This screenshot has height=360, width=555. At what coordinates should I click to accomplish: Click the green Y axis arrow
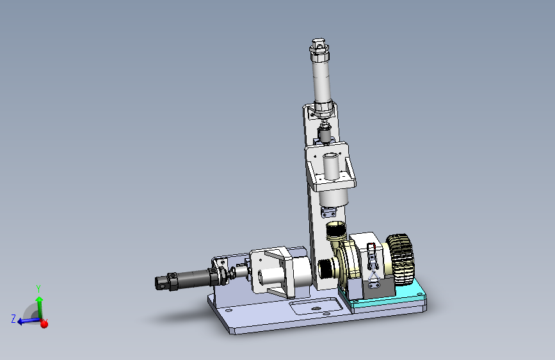pyautogui.click(x=39, y=307)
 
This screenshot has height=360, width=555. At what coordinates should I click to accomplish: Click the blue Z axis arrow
pyautogui.click(x=28, y=321)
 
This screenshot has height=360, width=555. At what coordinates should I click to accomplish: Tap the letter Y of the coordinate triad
pyautogui.click(x=38, y=288)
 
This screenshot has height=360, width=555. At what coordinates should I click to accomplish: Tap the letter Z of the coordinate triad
pyautogui.click(x=13, y=318)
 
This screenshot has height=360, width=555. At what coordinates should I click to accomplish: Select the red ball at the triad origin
pyautogui.click(x=44, y=323)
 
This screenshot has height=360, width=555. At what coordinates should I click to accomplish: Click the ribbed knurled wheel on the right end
pyautogui.click(x=401, y=259)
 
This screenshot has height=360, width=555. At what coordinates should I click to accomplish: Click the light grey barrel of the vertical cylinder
pyautogui.click(x=322, y=81)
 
